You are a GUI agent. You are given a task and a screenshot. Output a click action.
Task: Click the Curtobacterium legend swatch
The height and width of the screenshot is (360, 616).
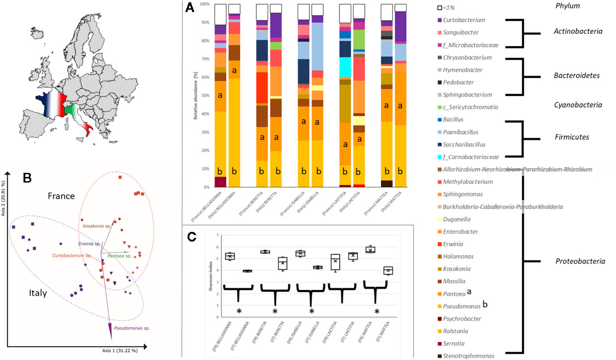pos(440,20)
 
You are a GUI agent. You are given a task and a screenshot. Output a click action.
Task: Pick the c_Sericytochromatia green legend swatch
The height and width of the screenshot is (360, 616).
pos(440,107)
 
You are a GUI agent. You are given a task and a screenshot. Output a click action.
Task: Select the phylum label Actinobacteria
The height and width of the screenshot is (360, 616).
pos(577,31)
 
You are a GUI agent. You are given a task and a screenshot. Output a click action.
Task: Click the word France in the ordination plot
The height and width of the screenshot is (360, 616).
pos(62,195)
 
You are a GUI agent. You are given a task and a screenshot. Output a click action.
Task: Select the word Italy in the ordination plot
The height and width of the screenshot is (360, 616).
pos(35,292)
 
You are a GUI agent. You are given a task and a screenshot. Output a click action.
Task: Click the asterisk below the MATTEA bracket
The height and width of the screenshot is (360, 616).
pos(376,312)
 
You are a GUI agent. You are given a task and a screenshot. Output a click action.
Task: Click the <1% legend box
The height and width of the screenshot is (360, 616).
pos(440,8)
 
